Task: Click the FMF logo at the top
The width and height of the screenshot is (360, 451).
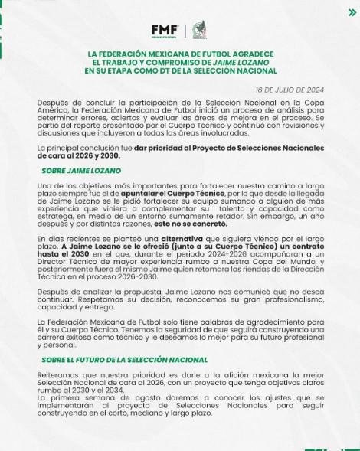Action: tap(165, 30)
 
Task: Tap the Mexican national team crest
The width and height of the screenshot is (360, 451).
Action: tap(199, 30)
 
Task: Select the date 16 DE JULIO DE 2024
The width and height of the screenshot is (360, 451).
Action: tap(289, 90)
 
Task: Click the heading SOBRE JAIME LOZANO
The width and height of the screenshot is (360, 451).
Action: tap(80, 170)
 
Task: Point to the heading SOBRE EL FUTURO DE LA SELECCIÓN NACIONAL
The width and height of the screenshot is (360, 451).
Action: tap(124, 359)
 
